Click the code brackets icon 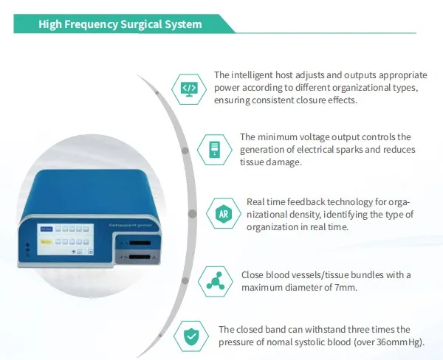189,89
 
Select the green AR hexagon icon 222,214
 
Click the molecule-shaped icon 215,281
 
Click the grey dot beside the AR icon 193,214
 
